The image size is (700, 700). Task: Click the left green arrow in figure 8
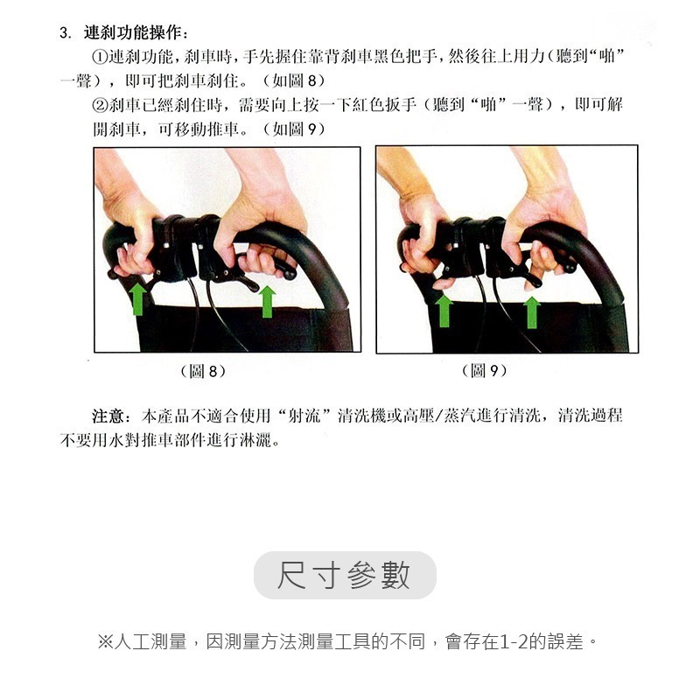pos(137,298)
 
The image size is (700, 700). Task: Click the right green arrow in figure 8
pos(268,300)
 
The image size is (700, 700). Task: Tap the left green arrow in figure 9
pos(444,311)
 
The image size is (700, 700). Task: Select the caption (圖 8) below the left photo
pos(202,372)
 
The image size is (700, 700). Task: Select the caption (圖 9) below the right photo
pos(483,372)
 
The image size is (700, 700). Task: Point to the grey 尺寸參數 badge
pos(345,575)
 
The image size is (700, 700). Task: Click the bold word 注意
pos(109,415)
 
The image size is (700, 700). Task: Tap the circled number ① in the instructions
pos(100,57)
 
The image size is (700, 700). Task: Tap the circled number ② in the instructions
pos(100,106)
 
